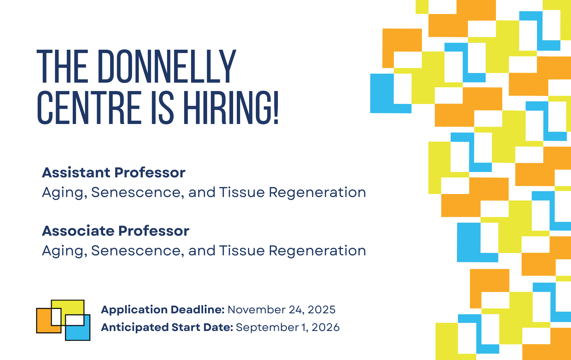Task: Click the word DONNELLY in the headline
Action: pyautogui.click(x=167, y=66)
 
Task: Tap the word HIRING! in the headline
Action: pyautogui.click(x=231, y=108)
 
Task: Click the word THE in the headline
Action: pyautogui.click(x=62, y=66)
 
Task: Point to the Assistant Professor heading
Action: pyautogui.click(x=114, y=172)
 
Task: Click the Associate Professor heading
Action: pyautogui.click(x=116, y=231)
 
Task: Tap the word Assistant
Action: pyautogui.click(x=76, y=172)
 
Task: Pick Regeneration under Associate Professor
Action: pyautogui.click(x=318, y=251)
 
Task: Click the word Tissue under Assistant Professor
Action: pyautogui.click(x=242, y=192)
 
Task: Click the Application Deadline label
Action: pyautogui.click(x=163, y=310)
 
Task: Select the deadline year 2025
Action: pyautogui.click(x=322, y=310)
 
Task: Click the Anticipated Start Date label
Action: pyautogui.click(x=167, y=327)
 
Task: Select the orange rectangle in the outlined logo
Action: pyautogui.click(x=44, y=321)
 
